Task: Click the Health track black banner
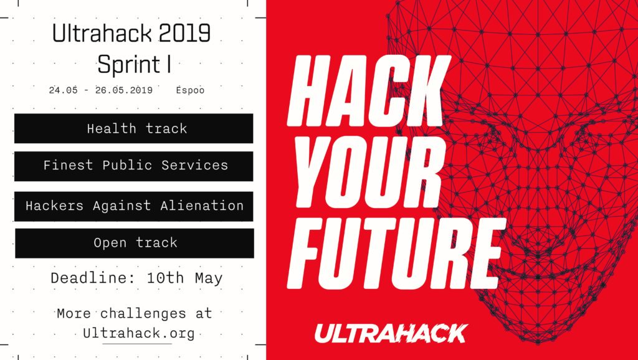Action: click(133, 128)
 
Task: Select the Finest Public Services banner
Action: click(133, 166)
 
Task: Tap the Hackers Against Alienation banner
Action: click(133, 206)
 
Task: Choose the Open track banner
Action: click(135, 243)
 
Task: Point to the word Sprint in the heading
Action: click(129, 65)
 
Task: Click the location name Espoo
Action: click(190, 90)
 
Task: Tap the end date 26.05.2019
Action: click(124, 90)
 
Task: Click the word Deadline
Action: click(95, 278)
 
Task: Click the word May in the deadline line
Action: click(209, 279)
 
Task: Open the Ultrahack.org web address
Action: click(139, 334)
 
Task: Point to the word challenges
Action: click(143, 314)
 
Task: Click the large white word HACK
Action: click(369, 91)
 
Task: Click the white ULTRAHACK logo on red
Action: click(391, 333)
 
